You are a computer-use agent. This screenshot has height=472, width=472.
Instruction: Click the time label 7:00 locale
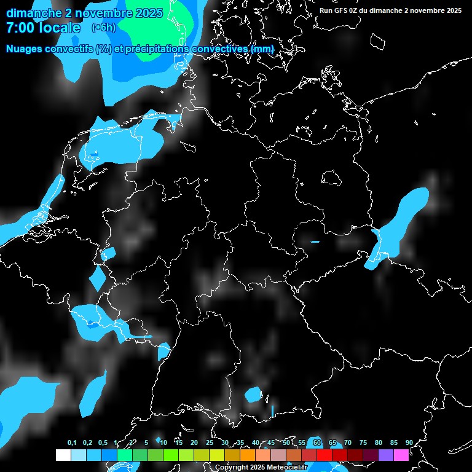pyautogui.click(x=42, y=28)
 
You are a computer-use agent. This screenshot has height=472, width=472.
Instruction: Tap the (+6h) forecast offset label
pyautogui.click(x=103, y=28)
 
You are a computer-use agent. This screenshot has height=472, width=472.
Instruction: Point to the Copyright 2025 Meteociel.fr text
pyautogui.click(x=261, y=468)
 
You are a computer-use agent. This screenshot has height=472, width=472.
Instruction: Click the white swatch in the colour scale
pyautogui.click(x=63, y=455)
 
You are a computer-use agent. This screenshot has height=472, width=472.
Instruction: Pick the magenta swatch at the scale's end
pyautogui.click(x=401, y=455)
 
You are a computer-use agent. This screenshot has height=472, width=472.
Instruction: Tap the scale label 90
pyautogui.click(x=409, y=443)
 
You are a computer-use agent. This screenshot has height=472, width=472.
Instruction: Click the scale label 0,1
pyautogui.click(x=72, y=443)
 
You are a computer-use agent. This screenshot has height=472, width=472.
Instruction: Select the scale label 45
pyautogui.click(x=271, y=443)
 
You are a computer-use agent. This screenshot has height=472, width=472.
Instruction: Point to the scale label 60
pyautogui.click(x=317, y=443)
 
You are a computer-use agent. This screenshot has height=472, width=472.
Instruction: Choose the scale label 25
pyautogui.click(x=210, y=443)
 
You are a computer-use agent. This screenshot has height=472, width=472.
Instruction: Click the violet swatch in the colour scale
pyautogui.click(x=386, y=455)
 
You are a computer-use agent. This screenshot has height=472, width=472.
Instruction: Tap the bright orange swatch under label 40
pyautogui.click(x=248, y=455)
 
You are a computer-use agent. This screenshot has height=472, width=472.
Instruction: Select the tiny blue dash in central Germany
pyautogui.click(x=315, y=242)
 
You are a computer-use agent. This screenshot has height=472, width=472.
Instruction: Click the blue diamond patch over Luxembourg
pyautogui.click(x=97, y=278)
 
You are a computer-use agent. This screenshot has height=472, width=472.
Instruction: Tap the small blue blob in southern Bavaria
pyautogui.click(x=253, y=395)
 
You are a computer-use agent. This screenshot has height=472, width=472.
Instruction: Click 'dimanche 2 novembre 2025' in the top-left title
pyautogui.click(x=84, y=13)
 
